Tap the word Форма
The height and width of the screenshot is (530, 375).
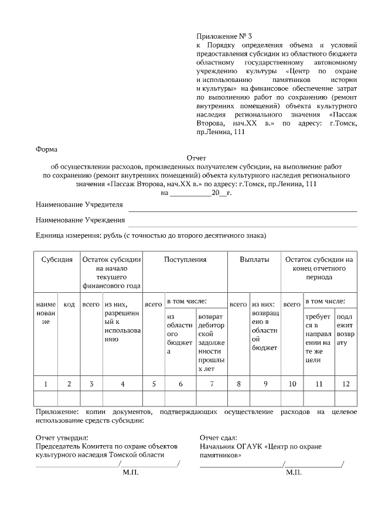[x=47, y=149]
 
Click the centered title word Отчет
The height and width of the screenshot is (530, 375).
[x=196, y=158]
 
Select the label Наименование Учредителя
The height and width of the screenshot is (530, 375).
[x=79, y=204]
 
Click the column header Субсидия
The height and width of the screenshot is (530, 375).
[x=57, y=259]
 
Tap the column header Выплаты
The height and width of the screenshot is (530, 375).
[x=254, y=259]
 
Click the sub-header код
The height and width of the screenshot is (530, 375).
[x=69, y=305]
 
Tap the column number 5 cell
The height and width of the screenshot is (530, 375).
[x=154, y=384]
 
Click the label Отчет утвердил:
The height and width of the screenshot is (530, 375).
[x=62, y=437]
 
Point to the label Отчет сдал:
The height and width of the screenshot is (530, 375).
[x=217, y=437]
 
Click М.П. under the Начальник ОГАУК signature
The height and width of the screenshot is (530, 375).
[x=294, y=471]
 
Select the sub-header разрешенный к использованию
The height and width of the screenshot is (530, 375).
[x=122, y=322]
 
